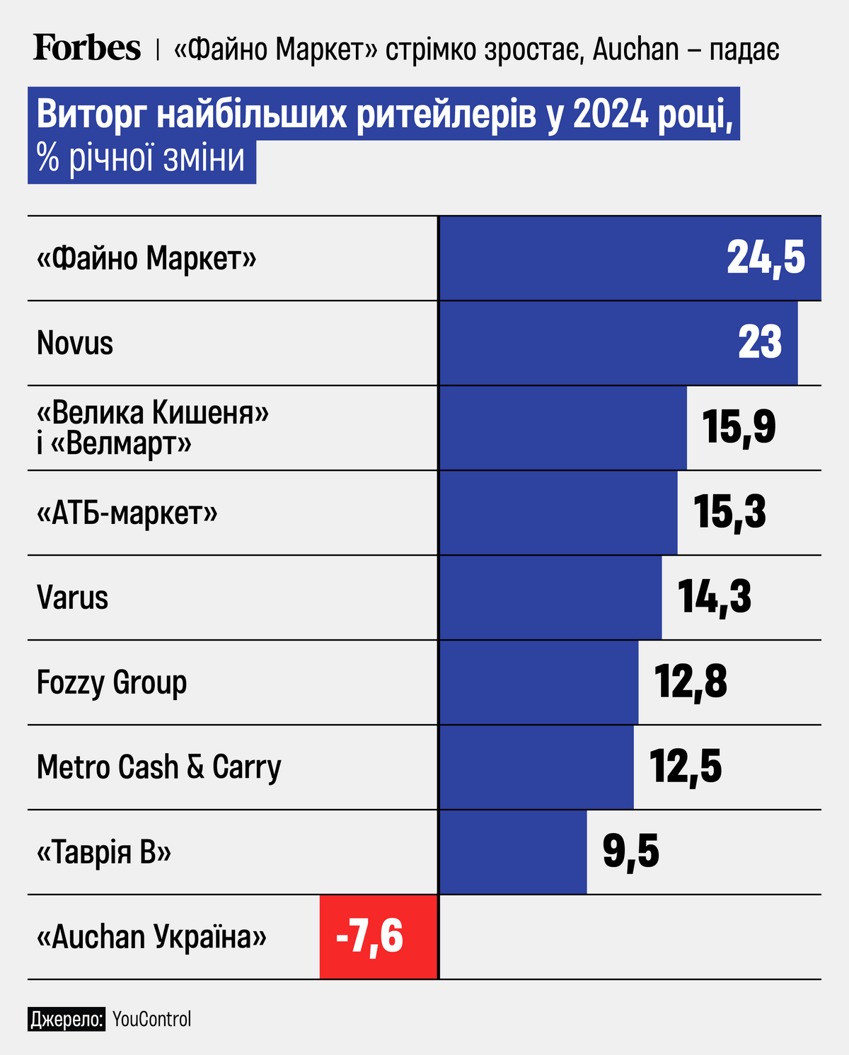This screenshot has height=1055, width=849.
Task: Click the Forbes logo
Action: tap(86, 48)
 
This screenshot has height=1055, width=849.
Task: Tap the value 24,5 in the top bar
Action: tap(766, 257)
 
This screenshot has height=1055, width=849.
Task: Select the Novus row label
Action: tap(75, 344)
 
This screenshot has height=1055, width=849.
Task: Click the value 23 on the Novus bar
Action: tap(760, 343)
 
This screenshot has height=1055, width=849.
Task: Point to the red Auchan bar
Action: tap(379, 937)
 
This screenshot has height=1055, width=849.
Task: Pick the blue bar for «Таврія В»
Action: tap(513, 852)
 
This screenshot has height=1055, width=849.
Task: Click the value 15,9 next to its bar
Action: tap(739, 427)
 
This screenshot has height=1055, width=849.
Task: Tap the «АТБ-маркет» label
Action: tap(127, 513)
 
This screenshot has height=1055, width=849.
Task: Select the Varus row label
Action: tap(72, 598)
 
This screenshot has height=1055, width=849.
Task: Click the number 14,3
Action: tap(715, 597)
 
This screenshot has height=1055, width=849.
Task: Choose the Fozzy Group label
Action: tap(112, 683)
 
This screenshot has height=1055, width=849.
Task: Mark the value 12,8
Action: tap(691, 682)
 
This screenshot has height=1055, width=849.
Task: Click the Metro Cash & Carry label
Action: tap(158, 768)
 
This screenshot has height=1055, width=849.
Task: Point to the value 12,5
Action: tap(686, 767)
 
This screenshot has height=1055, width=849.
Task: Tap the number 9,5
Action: tap(630, 851)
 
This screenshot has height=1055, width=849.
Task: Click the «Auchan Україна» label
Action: tap(151, 938)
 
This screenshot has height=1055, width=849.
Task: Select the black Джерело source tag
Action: tap(67, 1019)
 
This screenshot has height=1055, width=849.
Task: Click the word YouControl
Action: tap(151, 1019)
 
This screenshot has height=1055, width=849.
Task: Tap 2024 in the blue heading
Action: tap(610, 115)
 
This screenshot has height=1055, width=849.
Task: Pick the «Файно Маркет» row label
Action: tap(146, 259)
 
